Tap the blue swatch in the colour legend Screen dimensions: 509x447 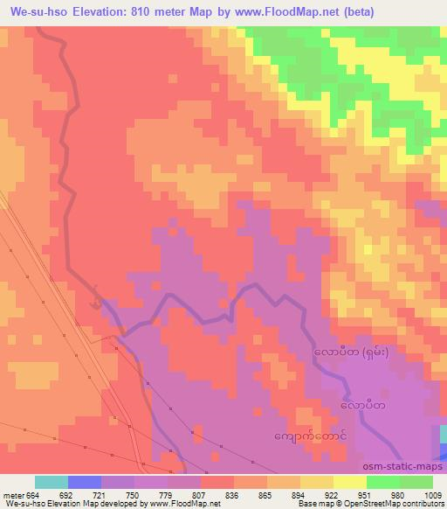84,482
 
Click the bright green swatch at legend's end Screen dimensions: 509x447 416,482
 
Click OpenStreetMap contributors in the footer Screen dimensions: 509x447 400,504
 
